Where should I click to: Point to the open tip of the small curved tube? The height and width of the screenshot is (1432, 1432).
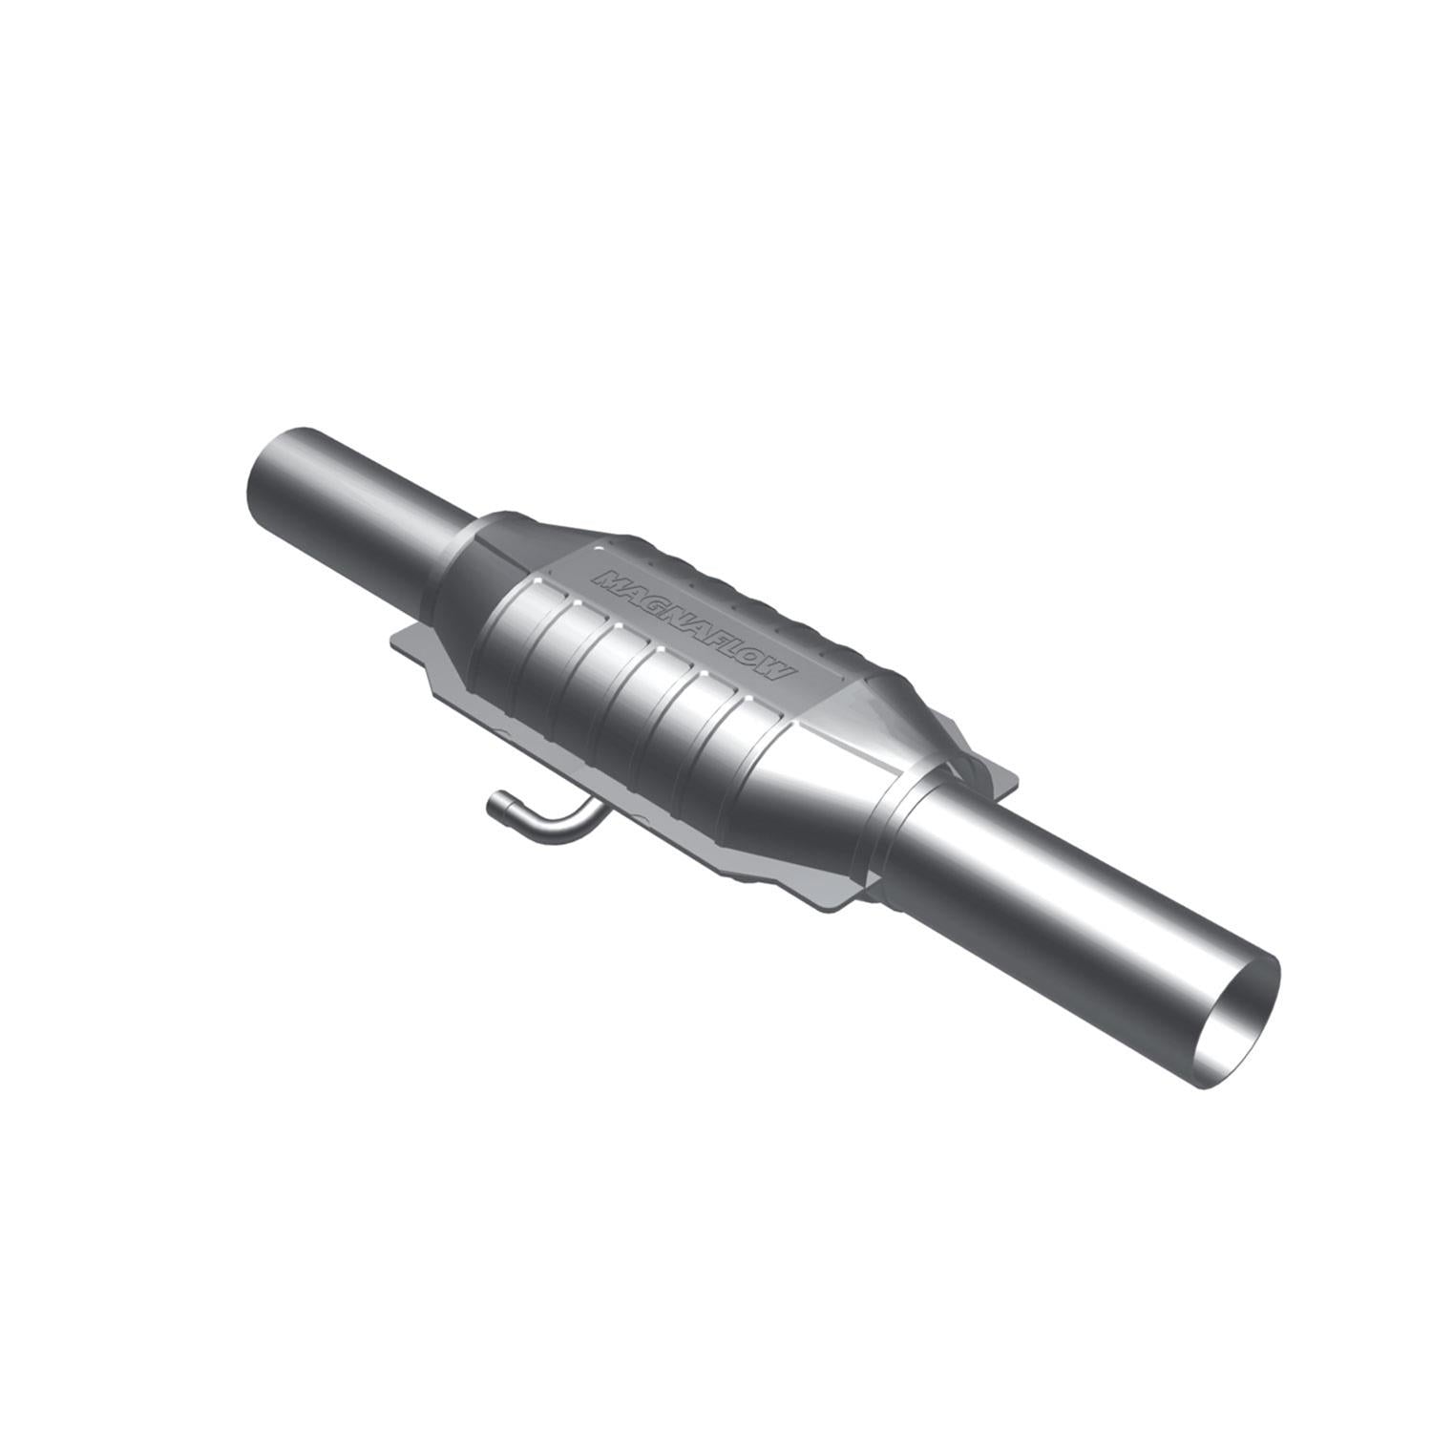496,807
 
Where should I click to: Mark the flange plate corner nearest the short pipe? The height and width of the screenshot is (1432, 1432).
397,638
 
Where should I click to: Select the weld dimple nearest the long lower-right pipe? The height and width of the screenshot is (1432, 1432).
745,705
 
